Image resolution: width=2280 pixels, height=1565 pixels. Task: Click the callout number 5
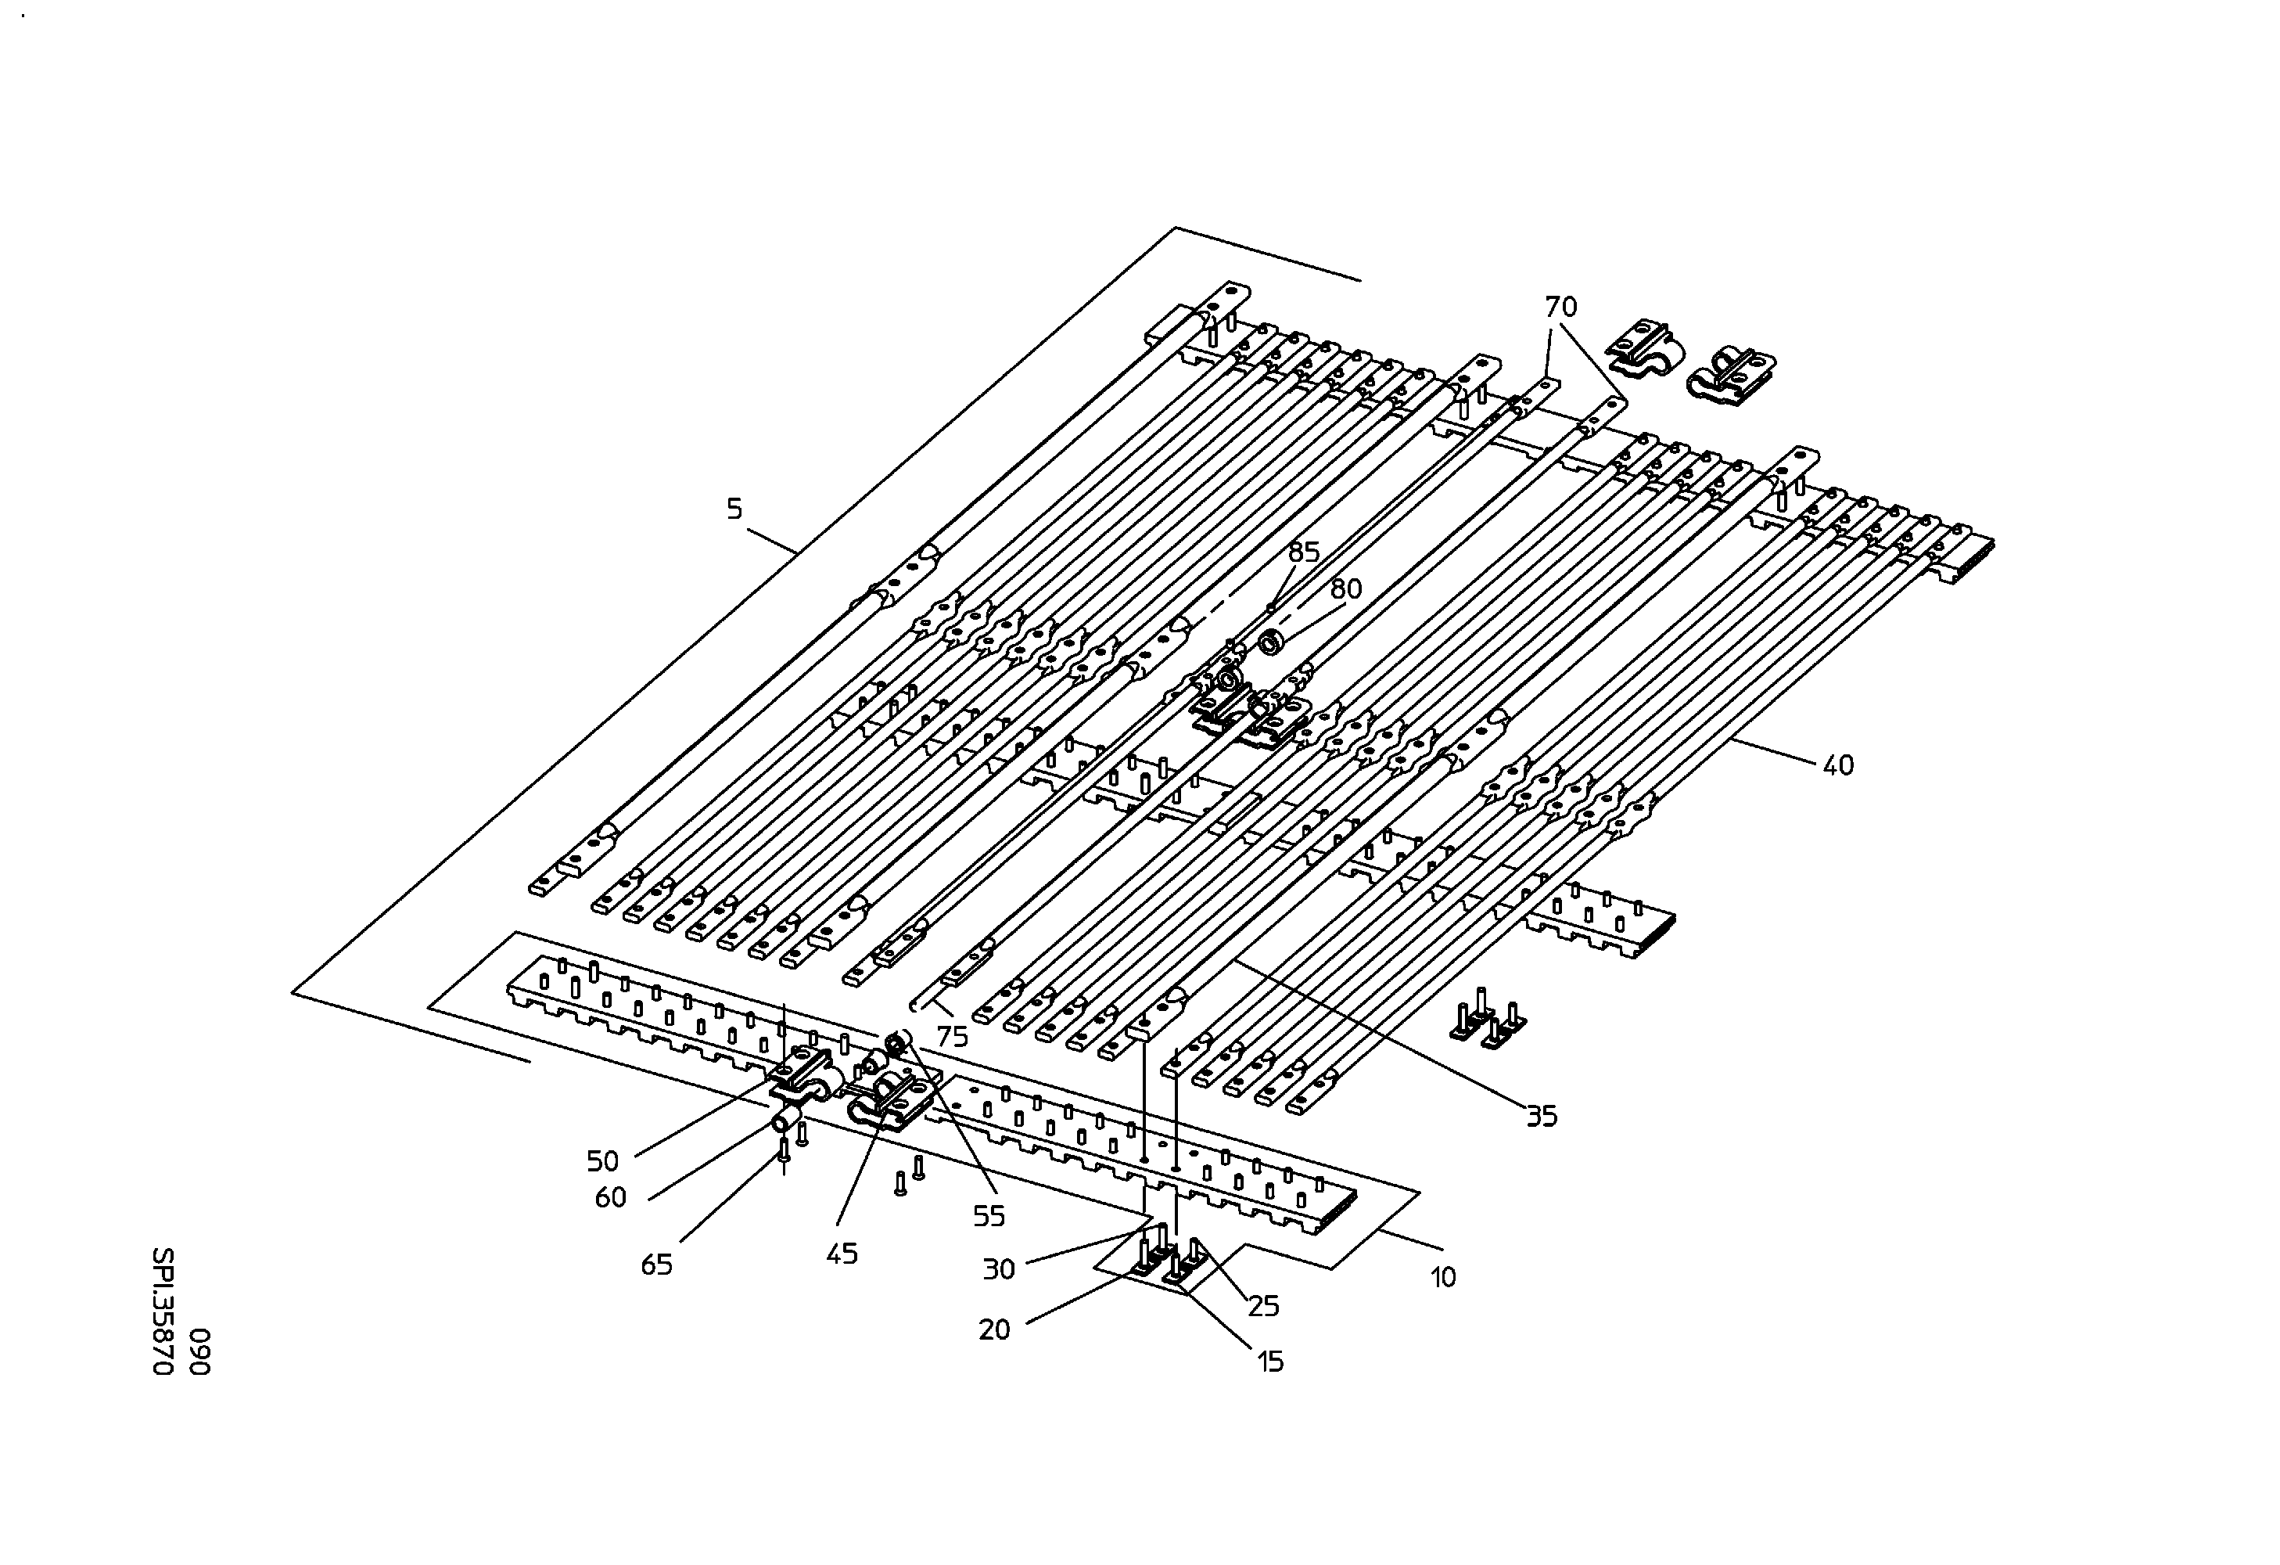tap(734, 509)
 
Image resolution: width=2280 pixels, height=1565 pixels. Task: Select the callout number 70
tap(1561, 307)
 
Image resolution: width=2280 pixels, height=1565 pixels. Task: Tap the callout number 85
tap(1304, 552)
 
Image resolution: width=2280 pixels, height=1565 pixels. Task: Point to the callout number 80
tap(1346, 588)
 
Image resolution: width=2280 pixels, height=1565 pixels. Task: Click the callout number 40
tap(1839, 765)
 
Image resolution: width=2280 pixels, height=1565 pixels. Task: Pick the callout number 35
tap(1542, 1116)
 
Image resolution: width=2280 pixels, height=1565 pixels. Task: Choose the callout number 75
tap(952, 1036)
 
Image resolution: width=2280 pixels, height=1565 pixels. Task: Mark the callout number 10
tap(1443, 1278)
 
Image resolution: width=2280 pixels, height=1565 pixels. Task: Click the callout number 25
tap(1264, 1306)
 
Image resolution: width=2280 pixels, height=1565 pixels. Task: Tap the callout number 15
tap(1270, 1362)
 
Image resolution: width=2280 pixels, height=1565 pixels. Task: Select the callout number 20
tap(994, 1330)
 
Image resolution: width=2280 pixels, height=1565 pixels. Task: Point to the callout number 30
tap(999, 1270)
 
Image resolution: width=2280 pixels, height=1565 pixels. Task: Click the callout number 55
tap(989, 1217)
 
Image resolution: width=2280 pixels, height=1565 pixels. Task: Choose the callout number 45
tap(842, 1254)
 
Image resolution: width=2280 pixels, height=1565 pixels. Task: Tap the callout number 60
tap(610, 1198)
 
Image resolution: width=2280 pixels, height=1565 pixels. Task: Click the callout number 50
tap(602, 1162)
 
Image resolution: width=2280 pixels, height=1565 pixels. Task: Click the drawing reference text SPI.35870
tap(163, 1311)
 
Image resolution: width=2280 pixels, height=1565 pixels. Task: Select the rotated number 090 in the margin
tap(199, 1352)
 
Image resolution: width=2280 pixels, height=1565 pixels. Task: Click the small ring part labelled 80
tap(1273, 644)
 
